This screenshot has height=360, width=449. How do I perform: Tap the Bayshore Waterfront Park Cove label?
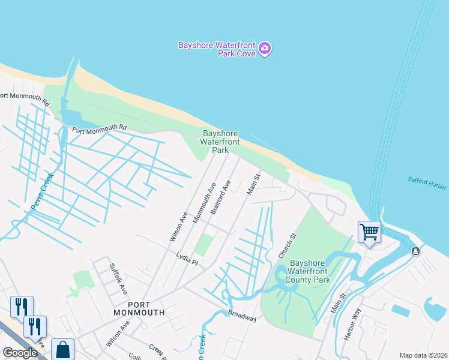pyautogui.click(x=218, y=49)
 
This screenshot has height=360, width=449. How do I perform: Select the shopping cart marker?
pyautogui.click(x=369, y=231)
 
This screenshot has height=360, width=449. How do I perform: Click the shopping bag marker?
pyautogui.click(x=62, y=349)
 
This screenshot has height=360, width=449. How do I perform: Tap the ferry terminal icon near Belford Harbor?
pyautogui.click(x=415, y=251)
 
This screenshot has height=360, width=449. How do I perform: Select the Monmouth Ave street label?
pyautogui.click(x=203, y=203)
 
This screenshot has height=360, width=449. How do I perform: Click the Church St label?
pyautogui.click(x=288, y=246)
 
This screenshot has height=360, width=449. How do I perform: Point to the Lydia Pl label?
pyautogui.click(x=187, y=259)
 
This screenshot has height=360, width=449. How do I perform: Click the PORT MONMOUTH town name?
pyautogui.click(x=139, y=308)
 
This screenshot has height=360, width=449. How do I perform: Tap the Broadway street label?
pyautogui.click(x=242, y=316)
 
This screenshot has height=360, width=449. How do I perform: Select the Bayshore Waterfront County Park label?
pyautogui.click(x=308, y=271)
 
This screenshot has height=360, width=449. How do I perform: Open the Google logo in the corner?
pyautogui.click(x=20, y=353)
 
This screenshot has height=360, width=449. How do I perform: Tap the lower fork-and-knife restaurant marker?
pyautogui.click(x=35, y=326)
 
